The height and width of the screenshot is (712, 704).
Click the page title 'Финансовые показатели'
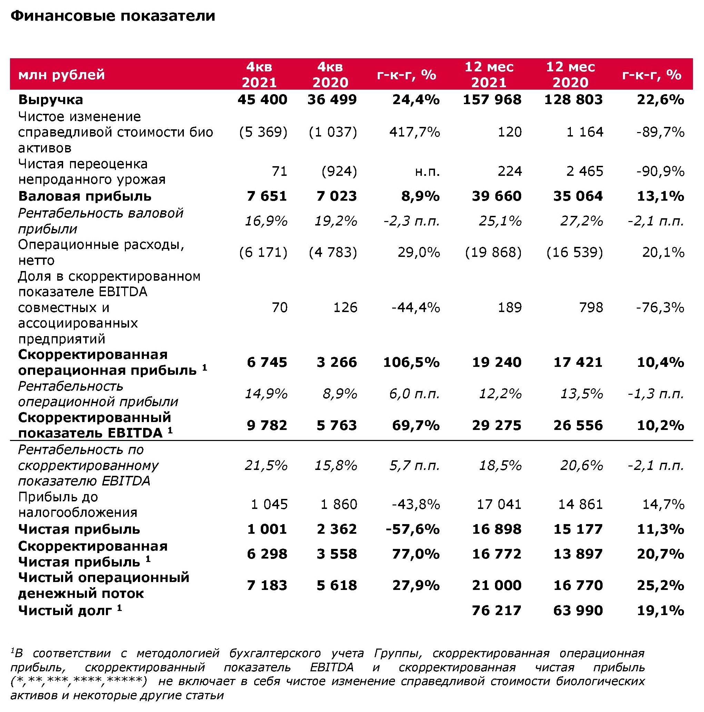(x=113, y=16)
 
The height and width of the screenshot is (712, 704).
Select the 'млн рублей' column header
(x=61, y=75)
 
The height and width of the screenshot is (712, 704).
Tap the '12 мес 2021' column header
(x=489, y=74)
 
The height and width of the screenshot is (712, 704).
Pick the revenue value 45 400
(x=262, y=100)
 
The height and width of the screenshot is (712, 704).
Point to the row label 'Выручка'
(x=51, y=100)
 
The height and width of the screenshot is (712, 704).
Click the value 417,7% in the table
(x=415, y=132)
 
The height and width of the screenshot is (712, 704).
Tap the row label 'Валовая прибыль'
(x=85, y=196)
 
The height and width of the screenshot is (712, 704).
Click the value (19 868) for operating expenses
(x=493, y=252)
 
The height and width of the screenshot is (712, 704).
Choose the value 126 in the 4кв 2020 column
(x=345, y=307)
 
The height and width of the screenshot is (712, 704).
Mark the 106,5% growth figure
(x=412, y=362)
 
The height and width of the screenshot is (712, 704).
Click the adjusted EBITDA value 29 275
(x=496, y=425)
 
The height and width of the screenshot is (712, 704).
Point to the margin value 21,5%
(x=266, y=465)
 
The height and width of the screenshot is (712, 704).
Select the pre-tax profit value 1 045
(x=269, y=504)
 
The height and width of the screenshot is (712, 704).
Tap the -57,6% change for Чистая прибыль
(x=413, y=529)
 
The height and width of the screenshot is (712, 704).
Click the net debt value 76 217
(x=496, y=611)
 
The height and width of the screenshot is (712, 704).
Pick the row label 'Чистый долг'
(x=65, y=611)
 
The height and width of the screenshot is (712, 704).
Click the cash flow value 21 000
(x=496, y=585)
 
